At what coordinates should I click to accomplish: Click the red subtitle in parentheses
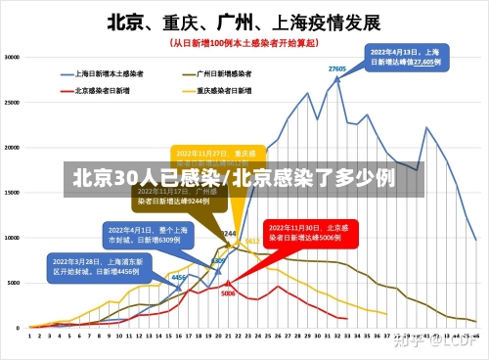tap(244, 43)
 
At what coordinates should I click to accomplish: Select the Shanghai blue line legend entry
tap(107, 73)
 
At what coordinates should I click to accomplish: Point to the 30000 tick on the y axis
tap(13, 57)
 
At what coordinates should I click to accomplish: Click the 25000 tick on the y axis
tap(13, 102)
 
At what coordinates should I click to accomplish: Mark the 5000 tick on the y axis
tap(15, 282)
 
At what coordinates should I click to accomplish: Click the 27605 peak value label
tap(337, 68)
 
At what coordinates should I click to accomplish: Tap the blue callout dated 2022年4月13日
tap(405, 57)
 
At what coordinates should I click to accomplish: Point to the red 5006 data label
tap(228, 292)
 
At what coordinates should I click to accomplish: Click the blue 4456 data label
tap(179, 278)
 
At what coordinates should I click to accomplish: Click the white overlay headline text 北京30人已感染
tap(146, 178)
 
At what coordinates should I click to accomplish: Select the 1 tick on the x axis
tap(29, 336)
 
